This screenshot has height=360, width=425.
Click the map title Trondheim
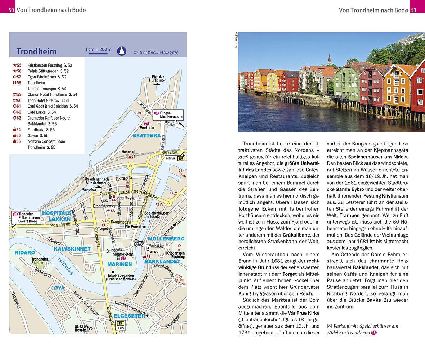tap(36, 51)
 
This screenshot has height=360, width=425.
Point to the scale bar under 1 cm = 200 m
tap(98, 54)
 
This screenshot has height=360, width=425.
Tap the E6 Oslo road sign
tap(121, 326)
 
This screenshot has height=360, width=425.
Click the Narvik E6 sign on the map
tap(175, 158)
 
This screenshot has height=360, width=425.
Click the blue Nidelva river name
tap(66, 266)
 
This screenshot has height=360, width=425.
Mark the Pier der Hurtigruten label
tap(157, 79)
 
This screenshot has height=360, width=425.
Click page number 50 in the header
tap(12, 10)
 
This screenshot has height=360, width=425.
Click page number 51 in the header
tap(413, 10)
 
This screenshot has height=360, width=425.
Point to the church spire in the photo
tap(329, 59)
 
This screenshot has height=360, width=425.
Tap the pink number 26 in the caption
tap(373, 333)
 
